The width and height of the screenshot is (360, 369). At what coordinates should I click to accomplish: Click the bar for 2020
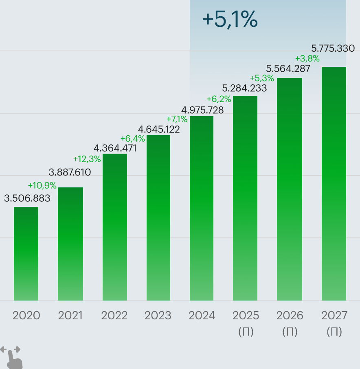[x=26, y=253]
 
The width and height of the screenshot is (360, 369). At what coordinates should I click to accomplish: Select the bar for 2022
[x=115, y=227]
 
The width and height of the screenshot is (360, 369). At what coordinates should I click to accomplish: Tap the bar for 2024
[x=202, y=208]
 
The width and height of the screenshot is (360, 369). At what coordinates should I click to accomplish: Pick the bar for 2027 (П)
[x=334, y=183]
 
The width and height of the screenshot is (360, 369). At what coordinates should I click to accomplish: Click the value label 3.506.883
[x=27, y=198]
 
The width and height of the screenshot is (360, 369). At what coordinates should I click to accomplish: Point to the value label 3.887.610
[x=70, y=172]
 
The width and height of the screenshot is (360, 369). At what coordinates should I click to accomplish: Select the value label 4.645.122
[x=159, y=130]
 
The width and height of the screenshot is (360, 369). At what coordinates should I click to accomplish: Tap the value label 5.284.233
[x=244, y=88]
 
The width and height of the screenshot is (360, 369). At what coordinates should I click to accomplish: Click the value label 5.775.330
[x=333, y=48]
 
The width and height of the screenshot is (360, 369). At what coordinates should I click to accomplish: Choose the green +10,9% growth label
[x=42, y=186]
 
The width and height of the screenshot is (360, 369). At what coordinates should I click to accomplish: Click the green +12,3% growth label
[x=87, y=159]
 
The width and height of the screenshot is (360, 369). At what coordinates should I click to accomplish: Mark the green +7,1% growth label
[x=177, y=119]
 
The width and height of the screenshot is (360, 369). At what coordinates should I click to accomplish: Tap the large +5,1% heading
[x=230, y=20]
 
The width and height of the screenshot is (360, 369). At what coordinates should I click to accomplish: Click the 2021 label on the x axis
[x=70, y=316]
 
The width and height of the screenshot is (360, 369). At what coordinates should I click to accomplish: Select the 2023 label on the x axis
[x=158, y=316]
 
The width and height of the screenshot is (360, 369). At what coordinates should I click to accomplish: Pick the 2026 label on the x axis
[x=290, y=316]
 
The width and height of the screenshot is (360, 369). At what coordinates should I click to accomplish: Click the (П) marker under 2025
[x=246, y=332]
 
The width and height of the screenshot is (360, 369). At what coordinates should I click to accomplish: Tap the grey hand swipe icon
[x=12, y=356]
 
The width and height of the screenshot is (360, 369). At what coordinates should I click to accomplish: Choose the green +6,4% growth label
[x=133, y=138]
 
